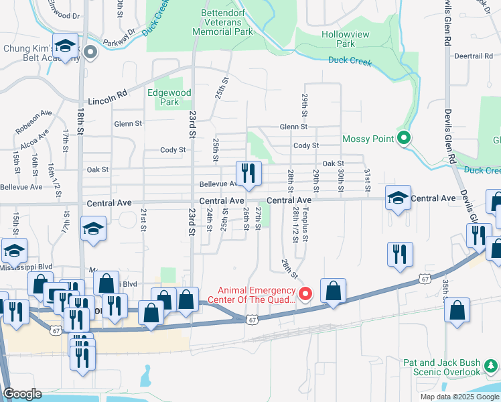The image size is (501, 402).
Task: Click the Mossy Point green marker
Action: [403, 139]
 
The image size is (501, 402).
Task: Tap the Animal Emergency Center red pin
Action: [305, 293]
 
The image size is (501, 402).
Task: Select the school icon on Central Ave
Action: [398, 198]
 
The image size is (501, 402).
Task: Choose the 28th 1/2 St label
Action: [295, 224]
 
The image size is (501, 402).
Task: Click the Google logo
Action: [22, 394]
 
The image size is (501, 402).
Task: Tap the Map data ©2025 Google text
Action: [459, 397]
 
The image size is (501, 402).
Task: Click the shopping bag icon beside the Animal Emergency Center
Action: [333, 290]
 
